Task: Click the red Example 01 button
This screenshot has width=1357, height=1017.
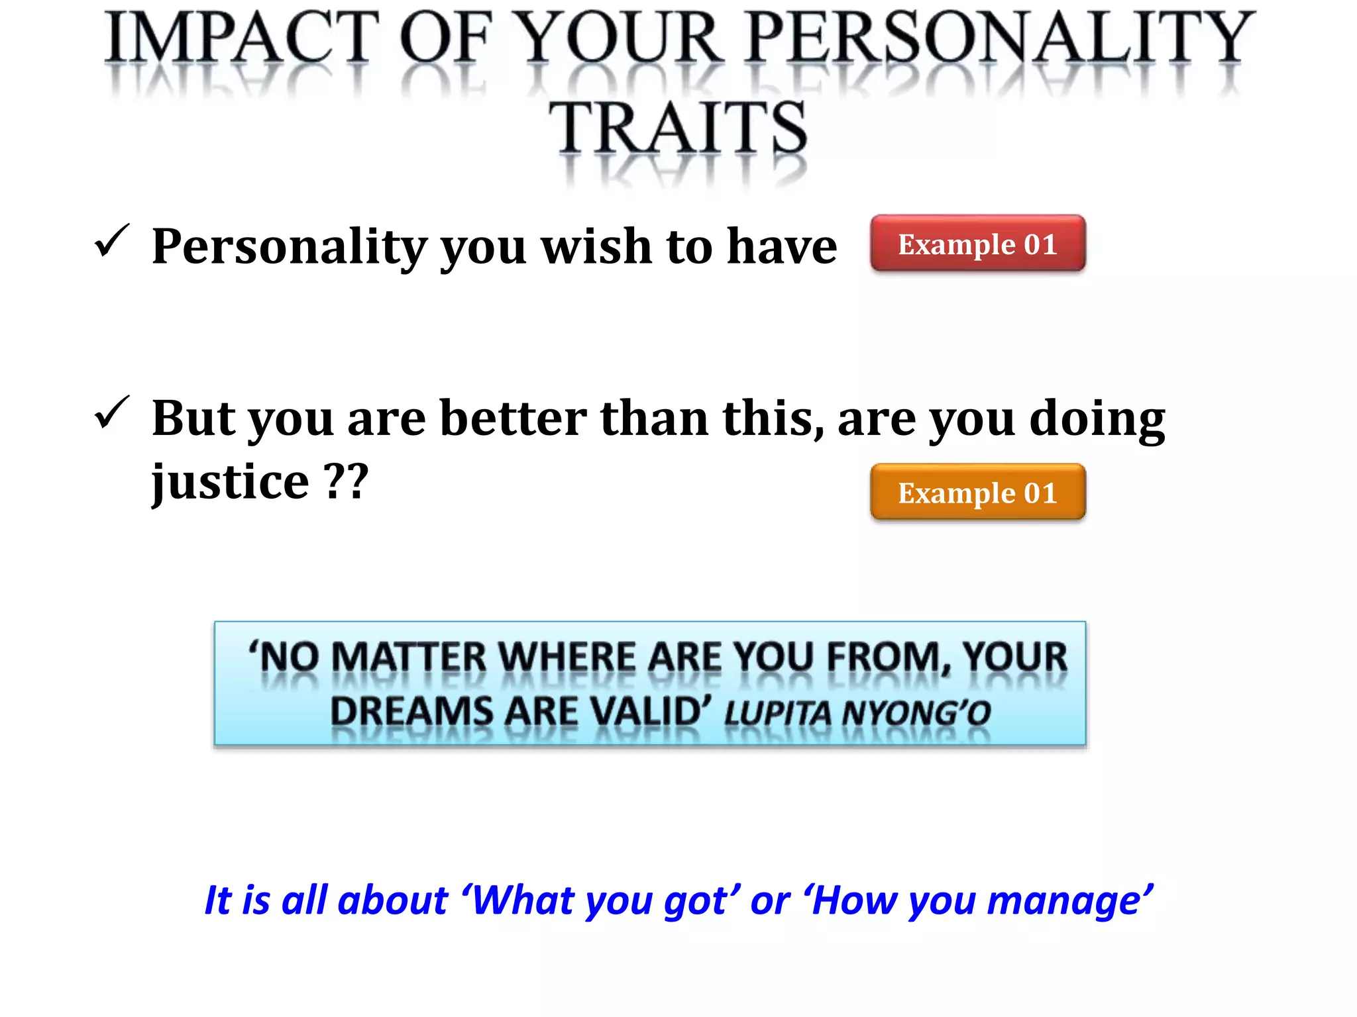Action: (977, 244)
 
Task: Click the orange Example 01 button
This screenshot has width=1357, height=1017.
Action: (977, 492)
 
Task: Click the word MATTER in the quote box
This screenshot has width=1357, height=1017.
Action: (408, 657)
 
